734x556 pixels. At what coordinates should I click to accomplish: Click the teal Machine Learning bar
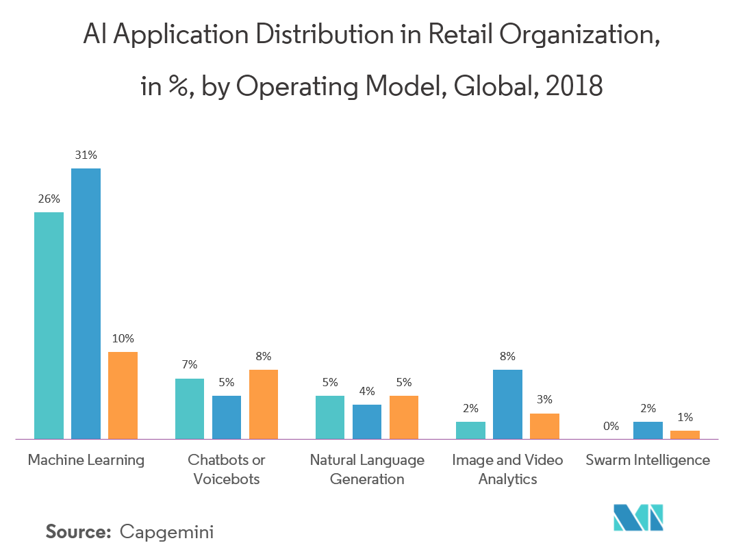[x=49, y=325]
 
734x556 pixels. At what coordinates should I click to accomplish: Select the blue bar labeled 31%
[x=86, y=303]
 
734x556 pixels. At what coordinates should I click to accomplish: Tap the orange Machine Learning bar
[x=123, y=395]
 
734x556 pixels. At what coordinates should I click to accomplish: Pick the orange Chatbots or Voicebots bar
[x=264, y=404]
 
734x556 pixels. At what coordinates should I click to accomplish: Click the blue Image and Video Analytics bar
[x=507, y=404]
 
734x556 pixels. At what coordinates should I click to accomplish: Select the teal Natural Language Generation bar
[x=329, y=417]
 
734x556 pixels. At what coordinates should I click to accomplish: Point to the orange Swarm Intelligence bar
[x=685, y=434]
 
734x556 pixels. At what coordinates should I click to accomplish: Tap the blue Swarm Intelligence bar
[x=648, y=430]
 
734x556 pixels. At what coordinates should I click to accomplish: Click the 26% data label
[x=49, y=199]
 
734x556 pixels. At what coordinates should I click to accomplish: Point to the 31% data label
[x=86, y=155]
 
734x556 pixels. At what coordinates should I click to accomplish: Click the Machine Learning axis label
[x=86, y=460]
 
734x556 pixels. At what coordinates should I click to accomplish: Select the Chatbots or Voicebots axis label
[x=227, y=470]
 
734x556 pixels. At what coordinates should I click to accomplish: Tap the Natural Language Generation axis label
[x=367, y=470]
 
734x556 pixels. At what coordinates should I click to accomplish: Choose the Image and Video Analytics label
[x=507, y=470]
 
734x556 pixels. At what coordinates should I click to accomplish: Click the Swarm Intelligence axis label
[x=648, y=460]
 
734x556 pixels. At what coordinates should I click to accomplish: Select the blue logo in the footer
[x=638, y=518]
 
